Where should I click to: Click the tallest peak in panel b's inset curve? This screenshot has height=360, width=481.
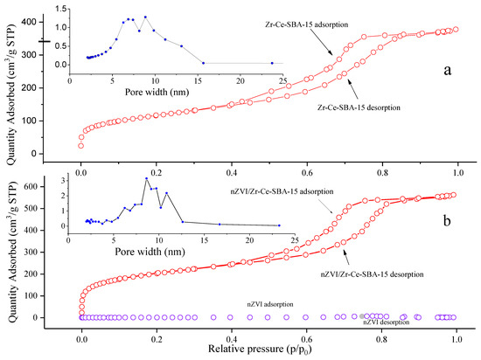click(146, 178)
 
